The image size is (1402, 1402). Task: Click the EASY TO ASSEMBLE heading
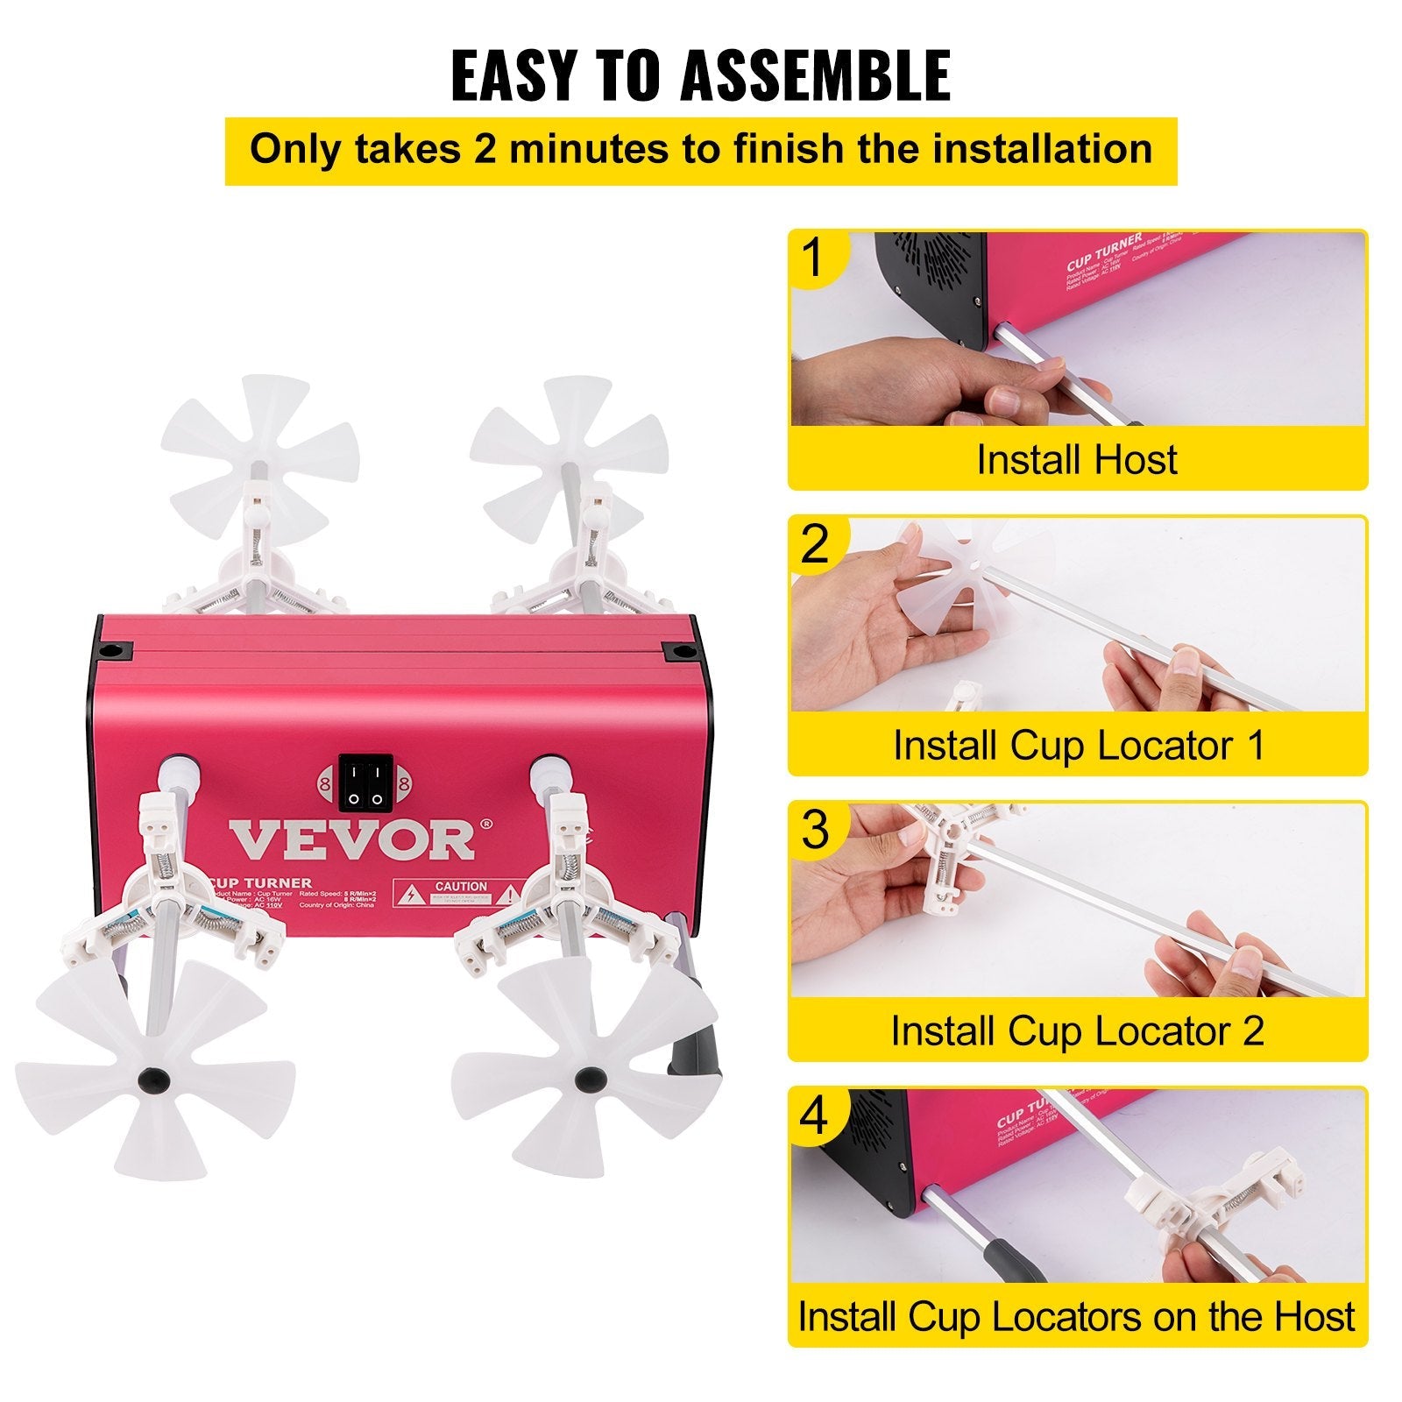[x=700, y=76]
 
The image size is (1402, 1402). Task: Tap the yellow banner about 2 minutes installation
[x=700, y=151]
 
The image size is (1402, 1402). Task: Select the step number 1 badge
[x=815, y=258]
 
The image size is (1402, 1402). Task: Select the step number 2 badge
[x=815, y=544]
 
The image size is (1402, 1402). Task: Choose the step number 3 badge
[x=815, y=830]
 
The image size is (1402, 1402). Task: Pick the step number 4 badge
[x=815, y=1116]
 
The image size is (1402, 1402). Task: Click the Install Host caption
[x=1077, y=460]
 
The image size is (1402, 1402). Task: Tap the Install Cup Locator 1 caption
[x=1079, y=746]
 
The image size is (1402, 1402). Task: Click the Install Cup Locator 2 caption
[x=1078, y=1031]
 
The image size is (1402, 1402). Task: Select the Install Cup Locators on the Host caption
[x=1077, y=1317]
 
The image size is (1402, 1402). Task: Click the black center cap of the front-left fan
[x=153, y=1077]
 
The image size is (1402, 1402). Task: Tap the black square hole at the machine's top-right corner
[x=679, y=653]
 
